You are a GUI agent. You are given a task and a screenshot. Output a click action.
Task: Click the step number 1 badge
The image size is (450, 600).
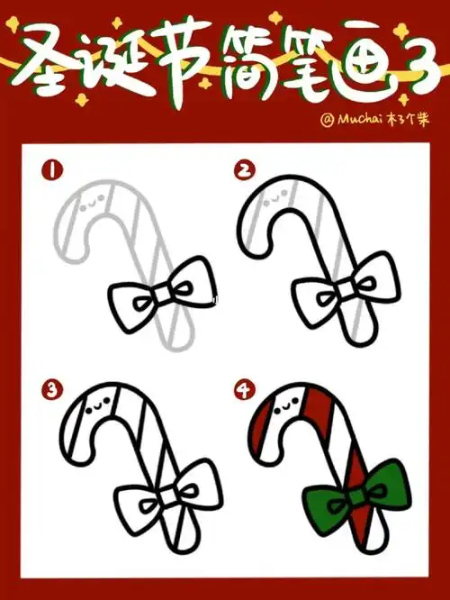(53, 168)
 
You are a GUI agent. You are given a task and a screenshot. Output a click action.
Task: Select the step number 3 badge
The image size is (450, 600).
(53, 388)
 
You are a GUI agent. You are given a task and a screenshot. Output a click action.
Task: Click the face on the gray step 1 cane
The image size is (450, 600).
(89, 205)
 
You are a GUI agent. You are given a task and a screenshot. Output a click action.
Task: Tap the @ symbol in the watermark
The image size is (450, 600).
(328, 117)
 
